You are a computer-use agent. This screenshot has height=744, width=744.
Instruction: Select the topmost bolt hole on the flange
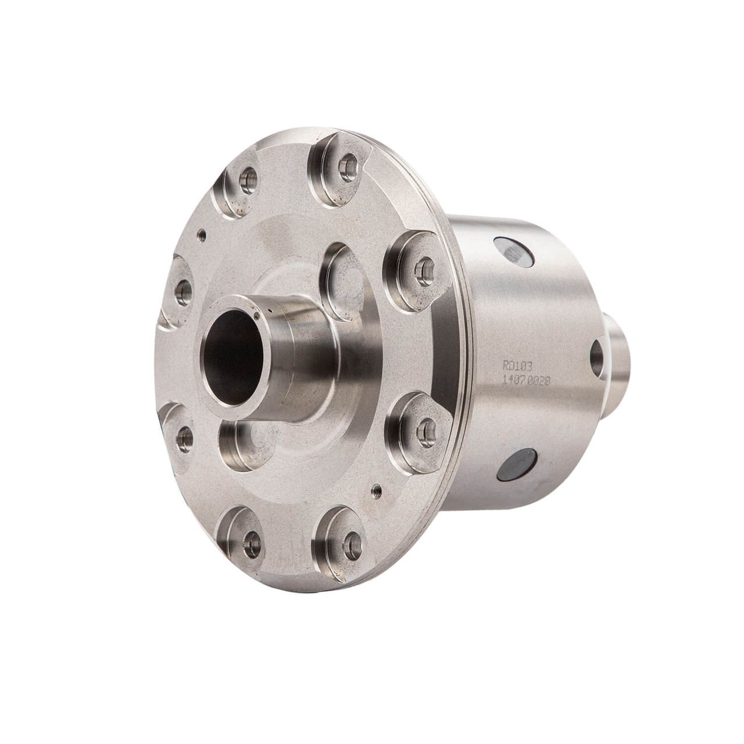pyautogui.click(x=348, y=167)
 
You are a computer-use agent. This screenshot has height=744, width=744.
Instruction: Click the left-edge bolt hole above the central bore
pyautogui.click(x=183, y=288)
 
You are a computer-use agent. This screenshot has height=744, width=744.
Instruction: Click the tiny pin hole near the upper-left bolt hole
pyautogui.click(x=201, y=234)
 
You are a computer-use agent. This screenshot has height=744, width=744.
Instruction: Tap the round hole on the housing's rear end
pyautogui.click(x=597, y=356)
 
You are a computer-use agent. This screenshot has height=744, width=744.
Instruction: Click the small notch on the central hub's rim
pyautogui.click(x=256, y=316)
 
